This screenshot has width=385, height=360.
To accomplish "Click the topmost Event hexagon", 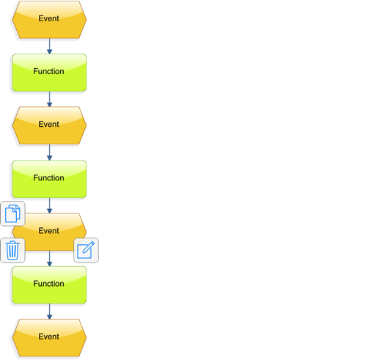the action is point(49,20).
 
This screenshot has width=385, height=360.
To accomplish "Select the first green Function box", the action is point(49,73).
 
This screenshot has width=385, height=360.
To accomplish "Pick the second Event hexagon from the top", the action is point(49,125).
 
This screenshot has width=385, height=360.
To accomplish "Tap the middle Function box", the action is point(49,179).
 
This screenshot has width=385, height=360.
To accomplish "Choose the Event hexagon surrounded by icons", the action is point(49,232).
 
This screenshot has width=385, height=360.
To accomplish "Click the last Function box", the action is point(49,285).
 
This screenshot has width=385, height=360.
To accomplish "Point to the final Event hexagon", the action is point(49,338).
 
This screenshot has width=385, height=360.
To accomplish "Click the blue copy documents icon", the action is point(12,213).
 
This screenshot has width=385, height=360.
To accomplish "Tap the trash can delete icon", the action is point(12,250).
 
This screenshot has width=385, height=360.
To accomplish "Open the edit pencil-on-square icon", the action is point(87,250).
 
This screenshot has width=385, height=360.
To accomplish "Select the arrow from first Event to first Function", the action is point(49,46).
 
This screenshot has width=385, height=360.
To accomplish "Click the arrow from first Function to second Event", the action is point(49,99).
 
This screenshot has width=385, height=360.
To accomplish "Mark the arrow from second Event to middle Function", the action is point(49,153).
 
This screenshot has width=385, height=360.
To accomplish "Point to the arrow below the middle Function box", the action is point(49,205).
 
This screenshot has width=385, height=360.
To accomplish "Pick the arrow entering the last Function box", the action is point(49,258).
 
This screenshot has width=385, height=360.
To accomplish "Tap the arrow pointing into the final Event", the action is point(49,312).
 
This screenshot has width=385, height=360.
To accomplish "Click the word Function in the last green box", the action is point(48,284).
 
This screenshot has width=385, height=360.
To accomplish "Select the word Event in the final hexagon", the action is point(48,337).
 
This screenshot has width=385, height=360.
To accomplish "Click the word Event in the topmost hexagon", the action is point(48,18).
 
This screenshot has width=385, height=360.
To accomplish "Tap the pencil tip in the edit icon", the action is point(84,251).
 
